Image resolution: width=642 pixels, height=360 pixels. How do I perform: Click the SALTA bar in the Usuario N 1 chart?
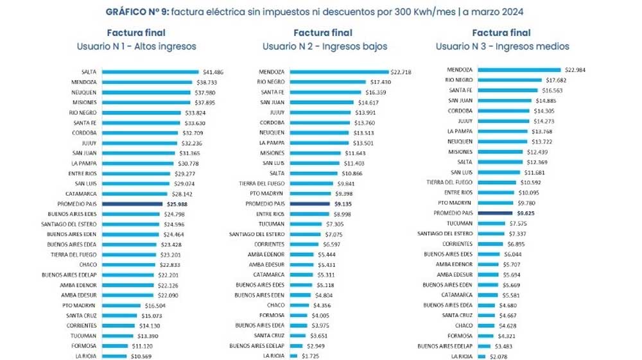151,71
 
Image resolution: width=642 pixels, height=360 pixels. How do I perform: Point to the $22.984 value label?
575,69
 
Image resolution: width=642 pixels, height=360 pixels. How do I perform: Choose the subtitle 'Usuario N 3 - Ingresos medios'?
502,46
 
